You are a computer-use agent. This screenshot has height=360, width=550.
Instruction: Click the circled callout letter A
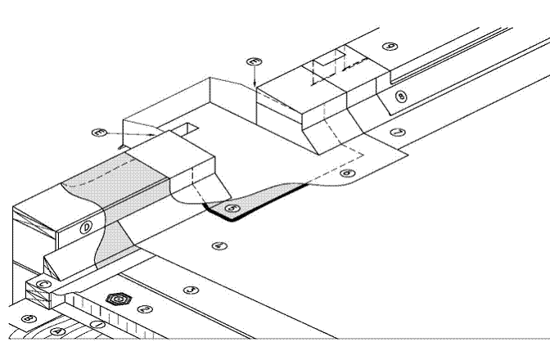click(56, 331)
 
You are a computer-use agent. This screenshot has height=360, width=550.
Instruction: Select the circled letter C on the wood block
click(46, 284)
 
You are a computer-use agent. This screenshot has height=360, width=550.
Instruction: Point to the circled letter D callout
click(87, 227)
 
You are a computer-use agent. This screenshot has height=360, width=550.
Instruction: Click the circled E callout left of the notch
click(101, 132)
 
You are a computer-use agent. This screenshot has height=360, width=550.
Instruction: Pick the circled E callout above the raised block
click(255, 61)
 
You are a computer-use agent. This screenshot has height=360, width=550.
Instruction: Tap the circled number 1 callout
click(98, 325)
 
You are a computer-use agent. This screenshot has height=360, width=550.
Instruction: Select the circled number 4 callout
click(217, 245)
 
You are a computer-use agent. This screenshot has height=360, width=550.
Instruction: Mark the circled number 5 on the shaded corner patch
click(233, 209)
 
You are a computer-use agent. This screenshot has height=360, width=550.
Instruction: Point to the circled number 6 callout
click(347, 173)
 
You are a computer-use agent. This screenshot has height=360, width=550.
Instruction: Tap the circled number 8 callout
click(399, 97)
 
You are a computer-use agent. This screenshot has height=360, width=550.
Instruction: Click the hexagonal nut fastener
click(119, 299)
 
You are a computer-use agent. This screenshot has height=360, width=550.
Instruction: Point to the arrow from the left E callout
click(135, 133)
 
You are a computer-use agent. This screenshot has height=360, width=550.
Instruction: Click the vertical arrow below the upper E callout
click(255, 77)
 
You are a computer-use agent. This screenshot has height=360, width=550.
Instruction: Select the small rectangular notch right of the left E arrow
click(187, 128)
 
